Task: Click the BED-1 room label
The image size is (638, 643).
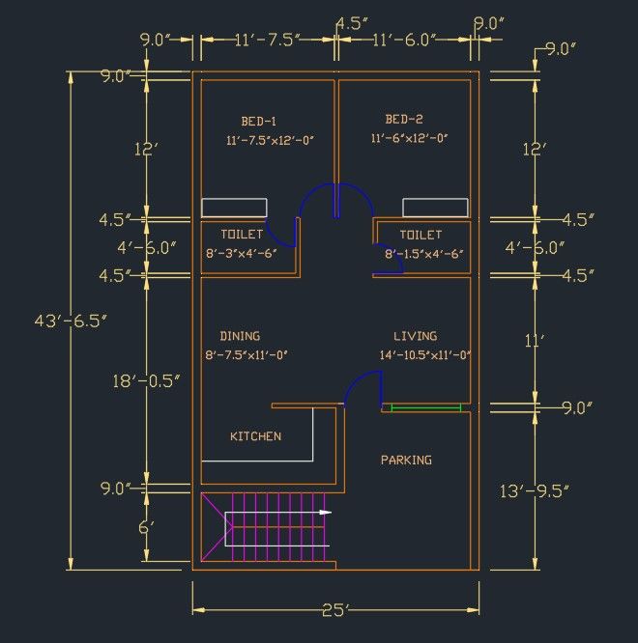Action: point(259,122)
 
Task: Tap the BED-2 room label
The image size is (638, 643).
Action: point(404,120)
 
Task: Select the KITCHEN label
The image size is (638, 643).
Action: point(256,436)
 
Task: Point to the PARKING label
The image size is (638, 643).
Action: point(406,461)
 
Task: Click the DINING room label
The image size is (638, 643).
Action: point(240,336)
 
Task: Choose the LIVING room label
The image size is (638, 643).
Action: point(416,336)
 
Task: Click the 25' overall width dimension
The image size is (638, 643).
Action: point(335,610)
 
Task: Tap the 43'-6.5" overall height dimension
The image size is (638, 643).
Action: point(71,321)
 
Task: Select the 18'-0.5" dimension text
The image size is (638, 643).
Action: point(146,381)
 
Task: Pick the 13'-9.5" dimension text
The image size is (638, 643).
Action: point(535,490)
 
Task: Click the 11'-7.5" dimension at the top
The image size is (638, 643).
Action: point(268,41)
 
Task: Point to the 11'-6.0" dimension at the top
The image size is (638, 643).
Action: point(404,41)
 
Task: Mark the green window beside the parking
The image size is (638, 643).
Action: point(426,407)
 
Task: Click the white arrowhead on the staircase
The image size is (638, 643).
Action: point(326,513)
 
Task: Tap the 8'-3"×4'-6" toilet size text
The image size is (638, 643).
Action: point(242,254)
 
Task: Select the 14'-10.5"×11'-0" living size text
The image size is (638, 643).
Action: point(425,355)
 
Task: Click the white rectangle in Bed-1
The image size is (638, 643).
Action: point(234,208)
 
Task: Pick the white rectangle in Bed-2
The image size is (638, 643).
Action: point(435,208)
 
